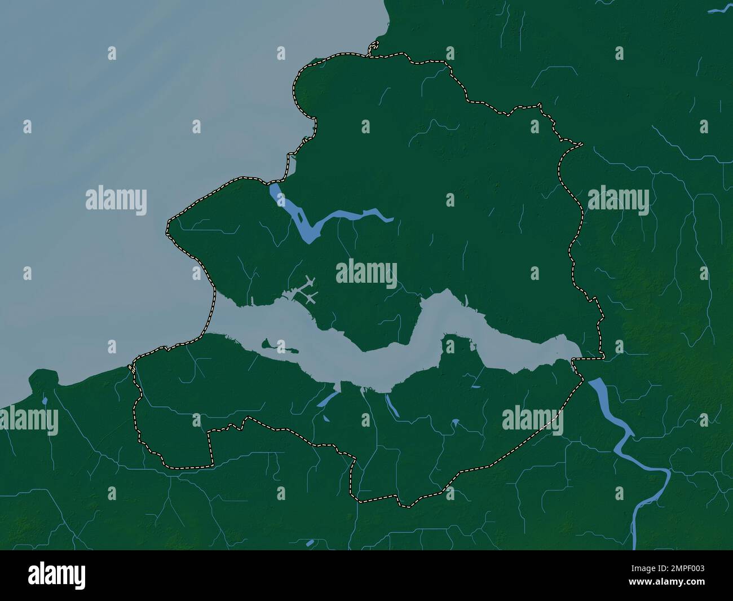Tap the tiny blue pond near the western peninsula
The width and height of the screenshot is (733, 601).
[44, 401]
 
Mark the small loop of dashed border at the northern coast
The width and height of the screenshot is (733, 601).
[373, 50]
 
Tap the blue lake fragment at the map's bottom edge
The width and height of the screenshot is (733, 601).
[310, 543]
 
